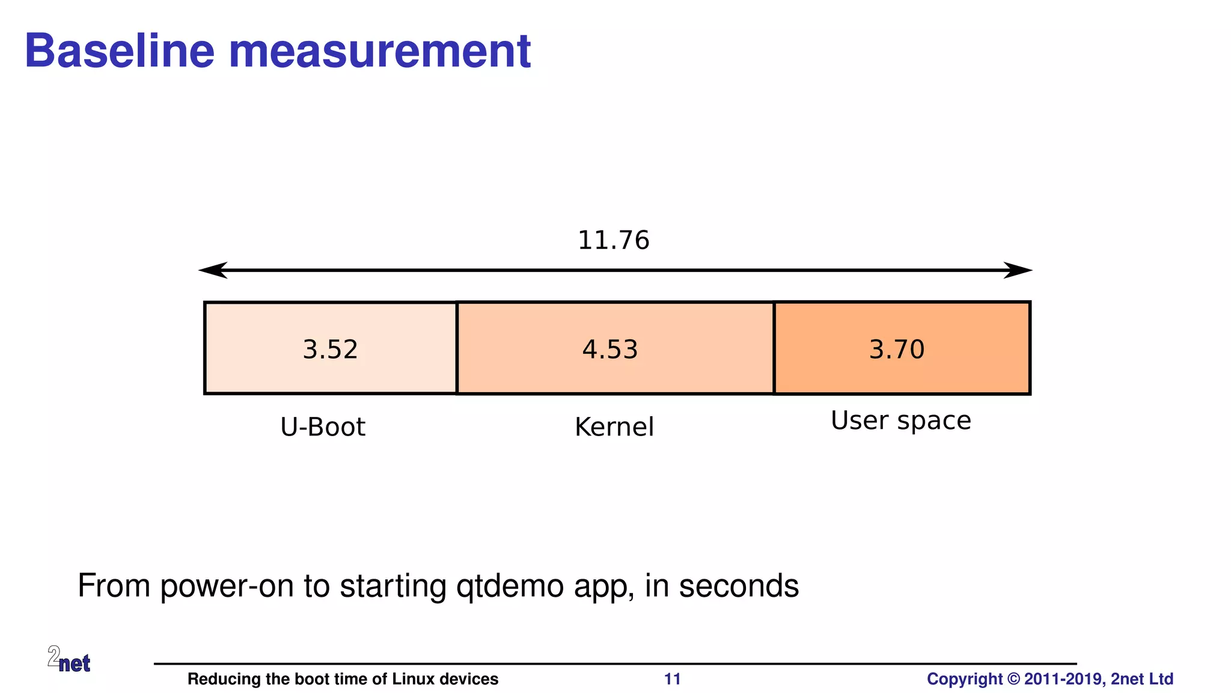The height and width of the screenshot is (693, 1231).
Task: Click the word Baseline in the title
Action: tap(119, 51)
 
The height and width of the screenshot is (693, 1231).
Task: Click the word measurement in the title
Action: tap(380, 51)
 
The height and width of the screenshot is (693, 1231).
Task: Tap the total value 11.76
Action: tap(613, 241)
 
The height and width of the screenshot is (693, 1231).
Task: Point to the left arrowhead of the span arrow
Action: tap(212, 271)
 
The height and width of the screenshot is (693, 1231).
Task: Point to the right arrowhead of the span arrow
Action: tap(1019, 271)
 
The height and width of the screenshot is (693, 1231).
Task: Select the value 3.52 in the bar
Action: tap(330, 350)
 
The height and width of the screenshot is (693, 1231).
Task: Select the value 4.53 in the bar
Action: tap(609, 350)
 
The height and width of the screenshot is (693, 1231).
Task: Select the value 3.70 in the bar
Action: tap(896, 350)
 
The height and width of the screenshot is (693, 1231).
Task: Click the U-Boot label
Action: tap(323, 427)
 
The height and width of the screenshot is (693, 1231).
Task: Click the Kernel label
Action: tap(614, 427)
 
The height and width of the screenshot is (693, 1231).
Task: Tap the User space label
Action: tap(900, 420)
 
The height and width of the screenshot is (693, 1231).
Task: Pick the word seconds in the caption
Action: tap(739, 587)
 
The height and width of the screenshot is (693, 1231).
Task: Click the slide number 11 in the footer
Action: tap(672, 679)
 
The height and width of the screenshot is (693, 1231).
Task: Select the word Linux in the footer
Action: tap(413, 679)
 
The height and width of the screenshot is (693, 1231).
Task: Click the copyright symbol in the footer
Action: tap(1013, 679)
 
